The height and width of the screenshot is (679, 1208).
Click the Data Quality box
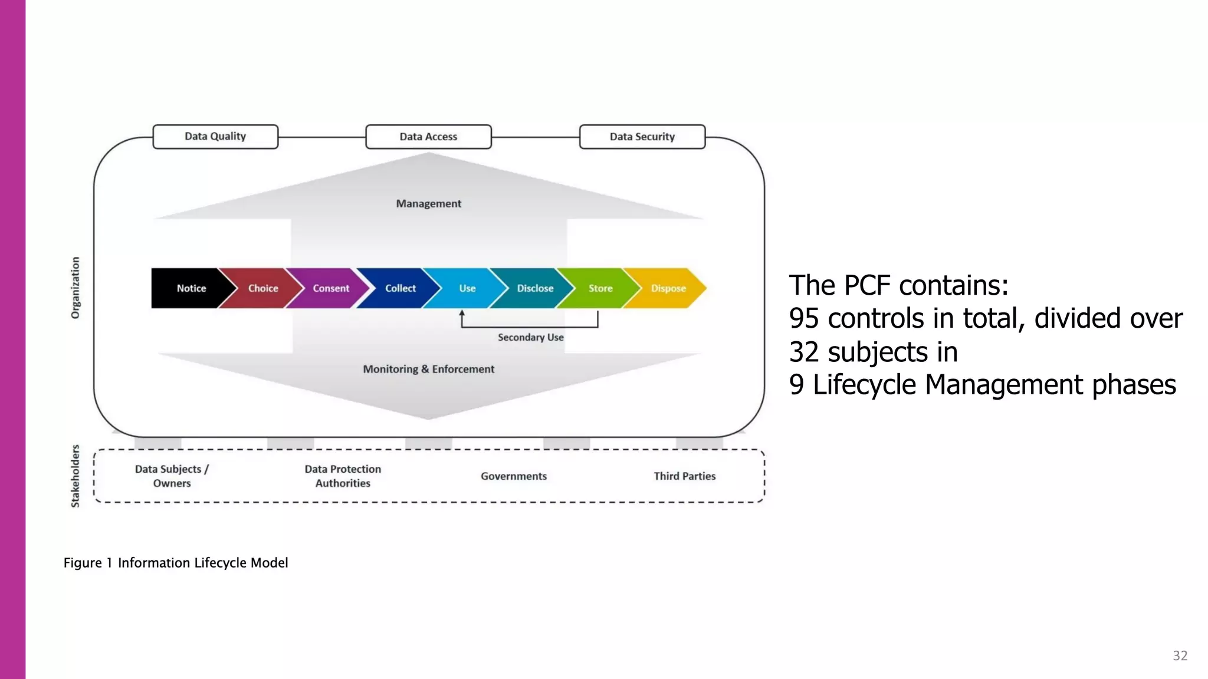point(215,136)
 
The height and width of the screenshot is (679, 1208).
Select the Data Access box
point(428,137)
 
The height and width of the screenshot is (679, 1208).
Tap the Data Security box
point(642,137)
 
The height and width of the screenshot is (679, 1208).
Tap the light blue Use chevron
point(467,288)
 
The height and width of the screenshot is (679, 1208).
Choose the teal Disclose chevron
point(534,288)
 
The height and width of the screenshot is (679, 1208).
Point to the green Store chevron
point(600,288)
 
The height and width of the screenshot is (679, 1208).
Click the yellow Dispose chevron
point(668,288)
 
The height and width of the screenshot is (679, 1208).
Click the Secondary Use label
point(530,337)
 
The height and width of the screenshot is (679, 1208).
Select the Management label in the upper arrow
point(428,203)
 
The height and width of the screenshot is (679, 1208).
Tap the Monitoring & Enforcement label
point(428,369)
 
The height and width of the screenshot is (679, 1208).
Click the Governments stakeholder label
point(513,476)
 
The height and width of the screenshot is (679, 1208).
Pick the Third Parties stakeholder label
point(684,476)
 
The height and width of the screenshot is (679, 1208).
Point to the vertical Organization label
point(75,288)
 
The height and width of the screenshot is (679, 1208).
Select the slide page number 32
point(1180,655)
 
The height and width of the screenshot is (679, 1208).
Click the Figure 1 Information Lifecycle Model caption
point(176,563)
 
